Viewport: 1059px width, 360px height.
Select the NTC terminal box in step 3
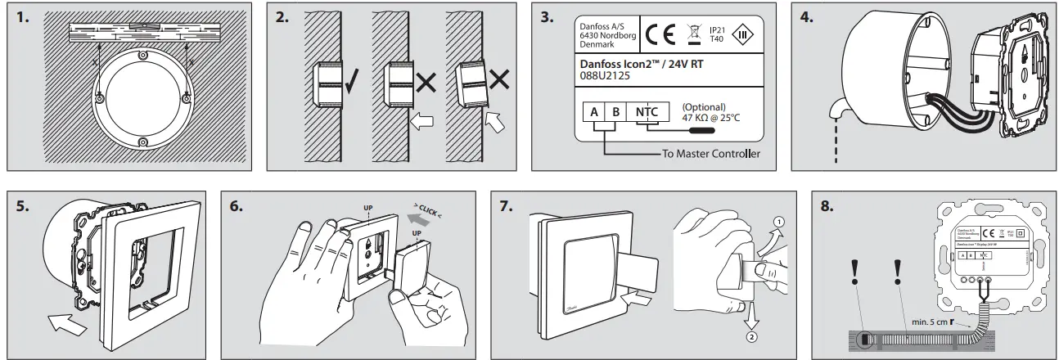[647, 110]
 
